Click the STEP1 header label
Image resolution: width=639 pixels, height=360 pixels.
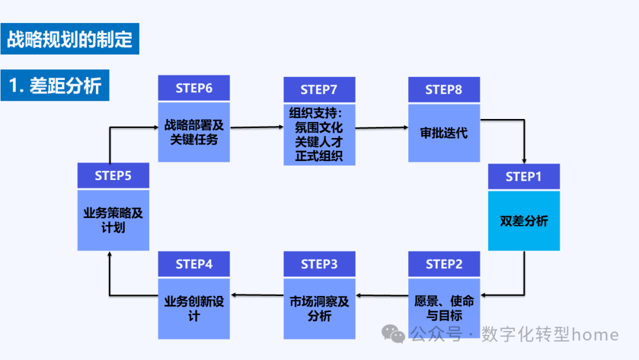point(524,176)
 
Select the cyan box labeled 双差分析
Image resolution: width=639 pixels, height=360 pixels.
point(524,221)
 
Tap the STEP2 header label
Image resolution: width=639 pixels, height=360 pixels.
point(444,264)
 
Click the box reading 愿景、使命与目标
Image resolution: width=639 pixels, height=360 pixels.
point(444,308)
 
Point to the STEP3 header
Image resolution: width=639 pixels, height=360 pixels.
point(319,264)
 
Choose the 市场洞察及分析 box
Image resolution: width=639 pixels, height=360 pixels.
point(319,308)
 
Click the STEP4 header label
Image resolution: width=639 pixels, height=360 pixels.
point(193,264)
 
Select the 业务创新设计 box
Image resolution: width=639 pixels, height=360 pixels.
point(193,308)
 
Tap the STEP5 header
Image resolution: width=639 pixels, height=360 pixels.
point(113,176)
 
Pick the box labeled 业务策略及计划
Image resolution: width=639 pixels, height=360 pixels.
point(113,220)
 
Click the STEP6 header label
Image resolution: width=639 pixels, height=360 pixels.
point(193,88)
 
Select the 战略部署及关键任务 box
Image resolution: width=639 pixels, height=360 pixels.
point(193,132)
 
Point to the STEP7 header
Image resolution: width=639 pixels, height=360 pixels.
point(319,89)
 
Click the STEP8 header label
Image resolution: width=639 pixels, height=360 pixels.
point(444,89)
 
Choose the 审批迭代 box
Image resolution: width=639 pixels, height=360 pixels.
point(444,133)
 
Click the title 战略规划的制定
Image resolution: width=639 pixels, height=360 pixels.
point(70,39)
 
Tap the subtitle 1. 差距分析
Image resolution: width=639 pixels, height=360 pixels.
point(55,86)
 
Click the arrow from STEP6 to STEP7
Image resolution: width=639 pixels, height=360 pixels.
point(257,127)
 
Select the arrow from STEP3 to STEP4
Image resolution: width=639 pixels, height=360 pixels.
point(257,294)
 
